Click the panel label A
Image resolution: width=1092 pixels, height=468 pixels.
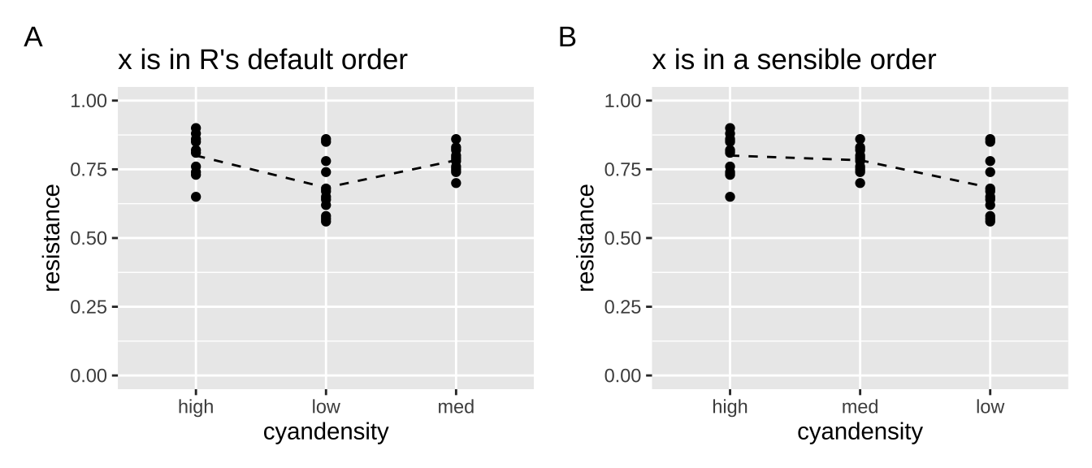pyautogui.click(x=33, y=37)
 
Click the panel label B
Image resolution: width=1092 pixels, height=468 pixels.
pyautogui.click(x=567, y=37)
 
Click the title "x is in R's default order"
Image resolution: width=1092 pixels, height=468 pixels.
pyautogui.click(x=262, y=60)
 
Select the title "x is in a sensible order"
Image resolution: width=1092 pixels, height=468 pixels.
pyautogui.click(x=794, y=60)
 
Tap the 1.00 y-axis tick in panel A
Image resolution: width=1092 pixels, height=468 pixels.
pyautogui.click(x=91, y=101)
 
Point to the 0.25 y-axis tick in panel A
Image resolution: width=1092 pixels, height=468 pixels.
pyautogui.click(x=91, y=307)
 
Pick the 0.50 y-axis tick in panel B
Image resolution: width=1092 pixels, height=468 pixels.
pyautogui.click(x=625, y=238)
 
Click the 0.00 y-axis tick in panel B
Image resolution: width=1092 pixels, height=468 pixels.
pyautogui.click(x=625, y=375)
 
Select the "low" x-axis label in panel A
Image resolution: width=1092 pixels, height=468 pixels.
pyautogui.click(x=326, y=407)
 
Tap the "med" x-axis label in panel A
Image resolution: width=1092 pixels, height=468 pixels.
pyautogui.click(x=456, y=407)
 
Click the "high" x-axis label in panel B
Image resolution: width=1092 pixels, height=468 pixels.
pyautogui.click(x=730, y=407)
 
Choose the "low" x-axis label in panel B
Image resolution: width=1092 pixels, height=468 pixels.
pyautogui.click(x=990, y=407)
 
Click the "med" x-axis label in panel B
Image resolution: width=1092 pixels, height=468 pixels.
pyautogui.click(x=860, y=407)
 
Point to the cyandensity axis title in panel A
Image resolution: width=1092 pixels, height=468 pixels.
pyautogui.click(x=326, y=431)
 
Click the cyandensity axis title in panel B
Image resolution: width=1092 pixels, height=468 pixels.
pyautogui.click(x=860, y=431)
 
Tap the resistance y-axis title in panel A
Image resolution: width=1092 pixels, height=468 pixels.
pyautogui.click(x=53, y=238)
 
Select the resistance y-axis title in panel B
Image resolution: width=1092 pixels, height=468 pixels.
pyautogui.click(x=587, y=238)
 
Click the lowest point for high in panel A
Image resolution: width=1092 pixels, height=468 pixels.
pyautogui.click(x=196, y=197)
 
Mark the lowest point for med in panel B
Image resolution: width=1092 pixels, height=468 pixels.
pyautogui.click(x=860, y=183)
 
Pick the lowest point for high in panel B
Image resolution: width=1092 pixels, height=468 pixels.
pyautogui.click(x=730, y=197)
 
